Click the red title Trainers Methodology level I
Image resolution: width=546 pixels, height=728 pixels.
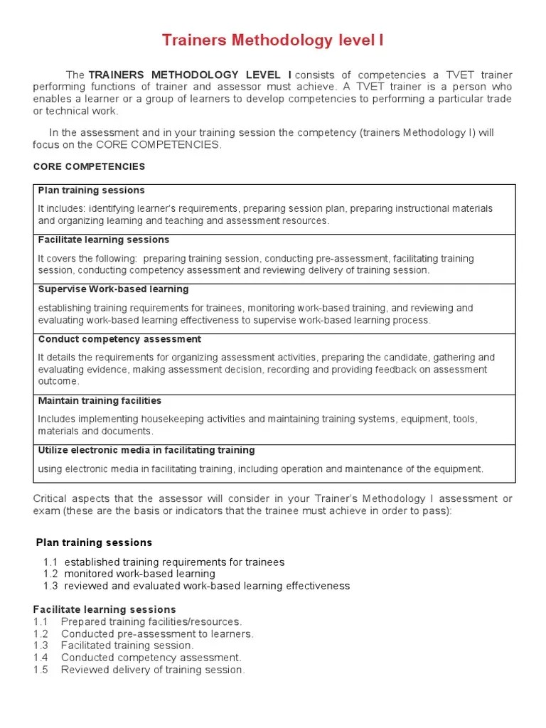(x=273, y=40)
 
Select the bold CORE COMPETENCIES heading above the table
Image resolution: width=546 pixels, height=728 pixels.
(x=89, y=166)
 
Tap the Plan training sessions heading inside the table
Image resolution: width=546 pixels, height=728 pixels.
(x=91, y=191)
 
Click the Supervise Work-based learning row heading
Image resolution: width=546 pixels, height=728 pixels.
(x=113, y=289)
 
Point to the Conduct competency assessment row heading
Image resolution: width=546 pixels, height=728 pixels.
(x=119, y=339)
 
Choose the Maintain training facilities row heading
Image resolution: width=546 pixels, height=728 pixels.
(x=100, y=401)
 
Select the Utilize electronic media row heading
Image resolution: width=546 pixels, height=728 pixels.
(x=146, y=450)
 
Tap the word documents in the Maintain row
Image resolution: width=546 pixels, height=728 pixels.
(x=130, y=431)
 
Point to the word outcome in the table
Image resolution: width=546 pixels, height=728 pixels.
(x=58, y=381)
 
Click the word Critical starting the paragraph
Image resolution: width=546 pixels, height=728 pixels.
(x=50, y=499)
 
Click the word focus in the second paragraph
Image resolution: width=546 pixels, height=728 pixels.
(x=46, y=144)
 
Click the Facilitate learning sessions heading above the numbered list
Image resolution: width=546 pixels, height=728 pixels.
(x=105, y=609)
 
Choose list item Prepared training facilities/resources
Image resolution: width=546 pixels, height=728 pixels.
(x=151, y=621)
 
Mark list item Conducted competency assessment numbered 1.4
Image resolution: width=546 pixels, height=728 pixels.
(x=151, y=658)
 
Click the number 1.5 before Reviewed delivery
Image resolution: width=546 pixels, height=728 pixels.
(x=41, y=670)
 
